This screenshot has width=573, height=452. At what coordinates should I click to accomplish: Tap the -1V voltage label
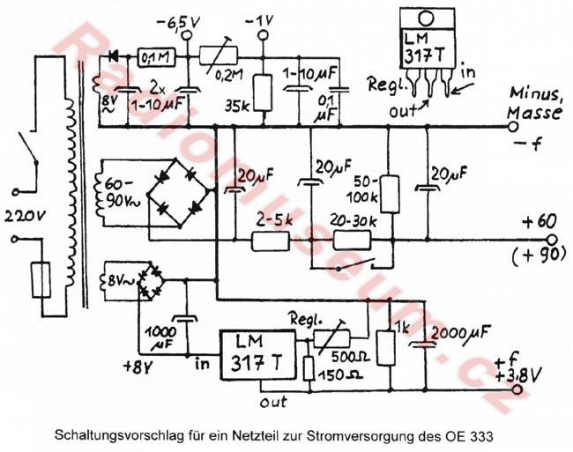263,19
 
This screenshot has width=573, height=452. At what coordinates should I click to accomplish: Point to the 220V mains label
24,215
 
